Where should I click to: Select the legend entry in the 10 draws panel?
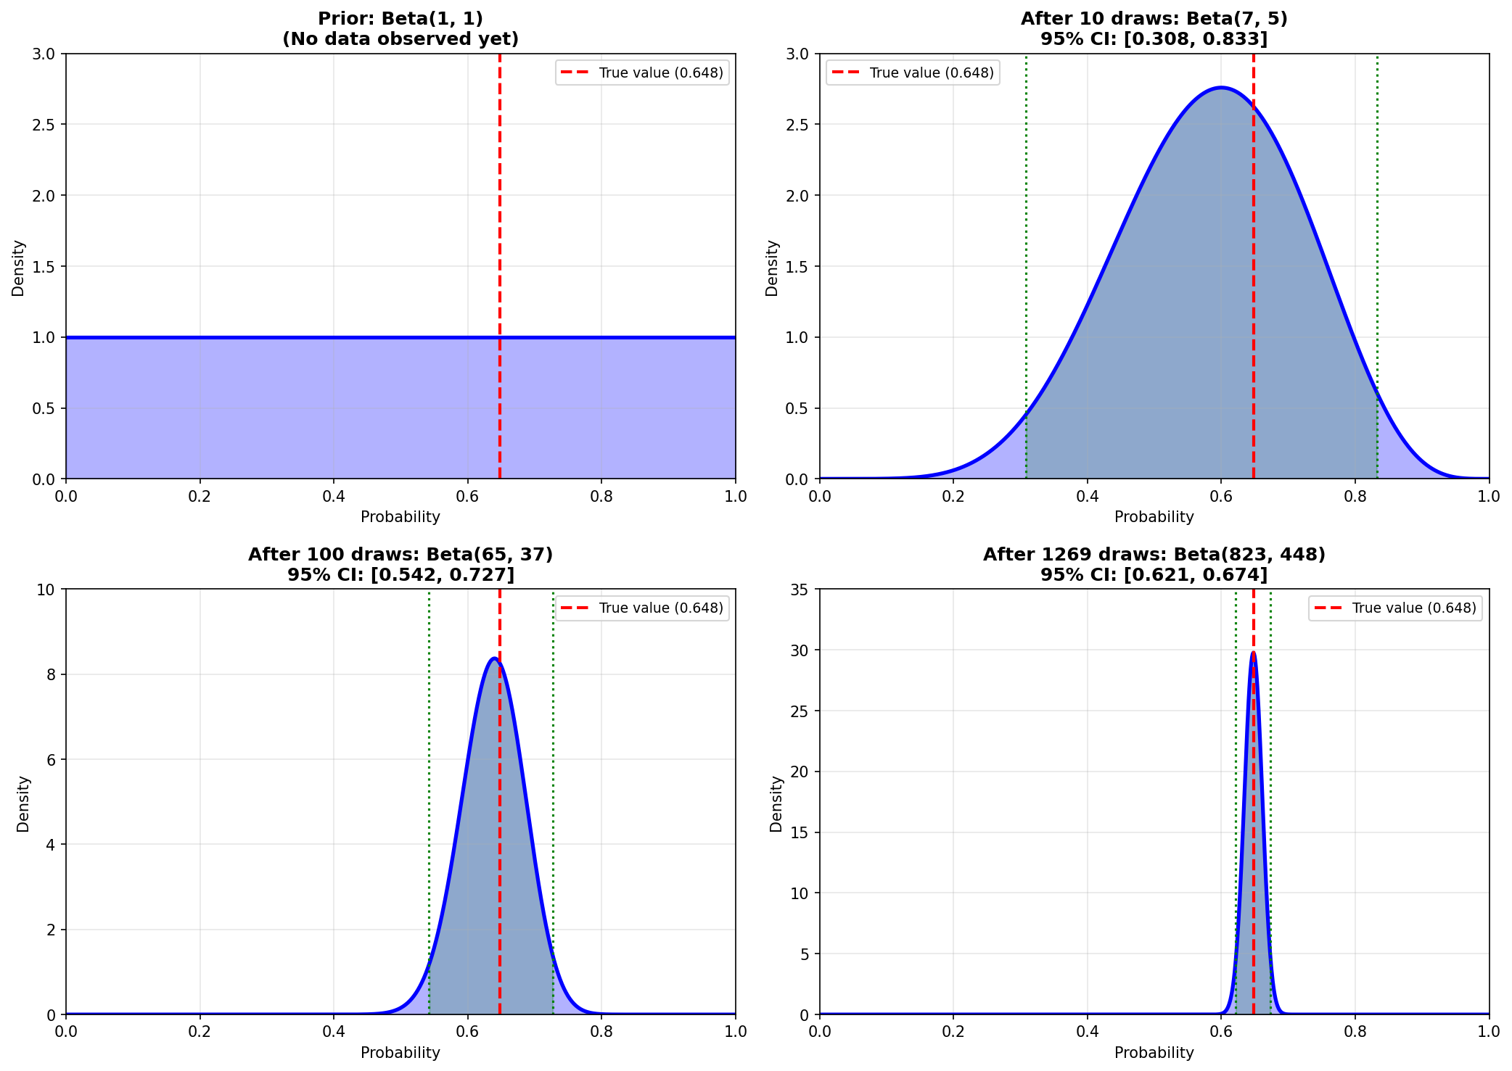[913, 73]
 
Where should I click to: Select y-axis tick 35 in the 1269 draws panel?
[800, 590]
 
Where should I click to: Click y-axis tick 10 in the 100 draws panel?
[46, 590]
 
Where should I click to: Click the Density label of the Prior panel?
[18, 268]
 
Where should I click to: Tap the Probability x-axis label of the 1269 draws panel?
[1154, 1053]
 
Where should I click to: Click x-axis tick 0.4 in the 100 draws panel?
[334, 1030]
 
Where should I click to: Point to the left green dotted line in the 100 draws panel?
[429, 798]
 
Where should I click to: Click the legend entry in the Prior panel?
[642, 73]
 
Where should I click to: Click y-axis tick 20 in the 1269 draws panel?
[800, 772]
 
